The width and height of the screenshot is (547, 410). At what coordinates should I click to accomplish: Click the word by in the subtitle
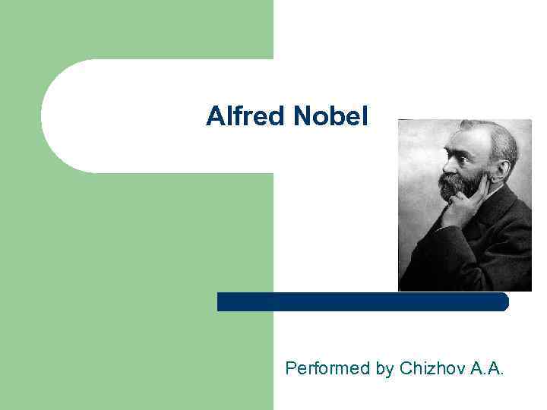coord(384,369)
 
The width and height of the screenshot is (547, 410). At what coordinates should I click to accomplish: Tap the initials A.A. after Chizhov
coord(488,369)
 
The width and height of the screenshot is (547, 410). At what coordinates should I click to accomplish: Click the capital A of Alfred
coord(213,116)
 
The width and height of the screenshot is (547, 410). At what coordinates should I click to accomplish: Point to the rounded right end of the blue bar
coord(504,301)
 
